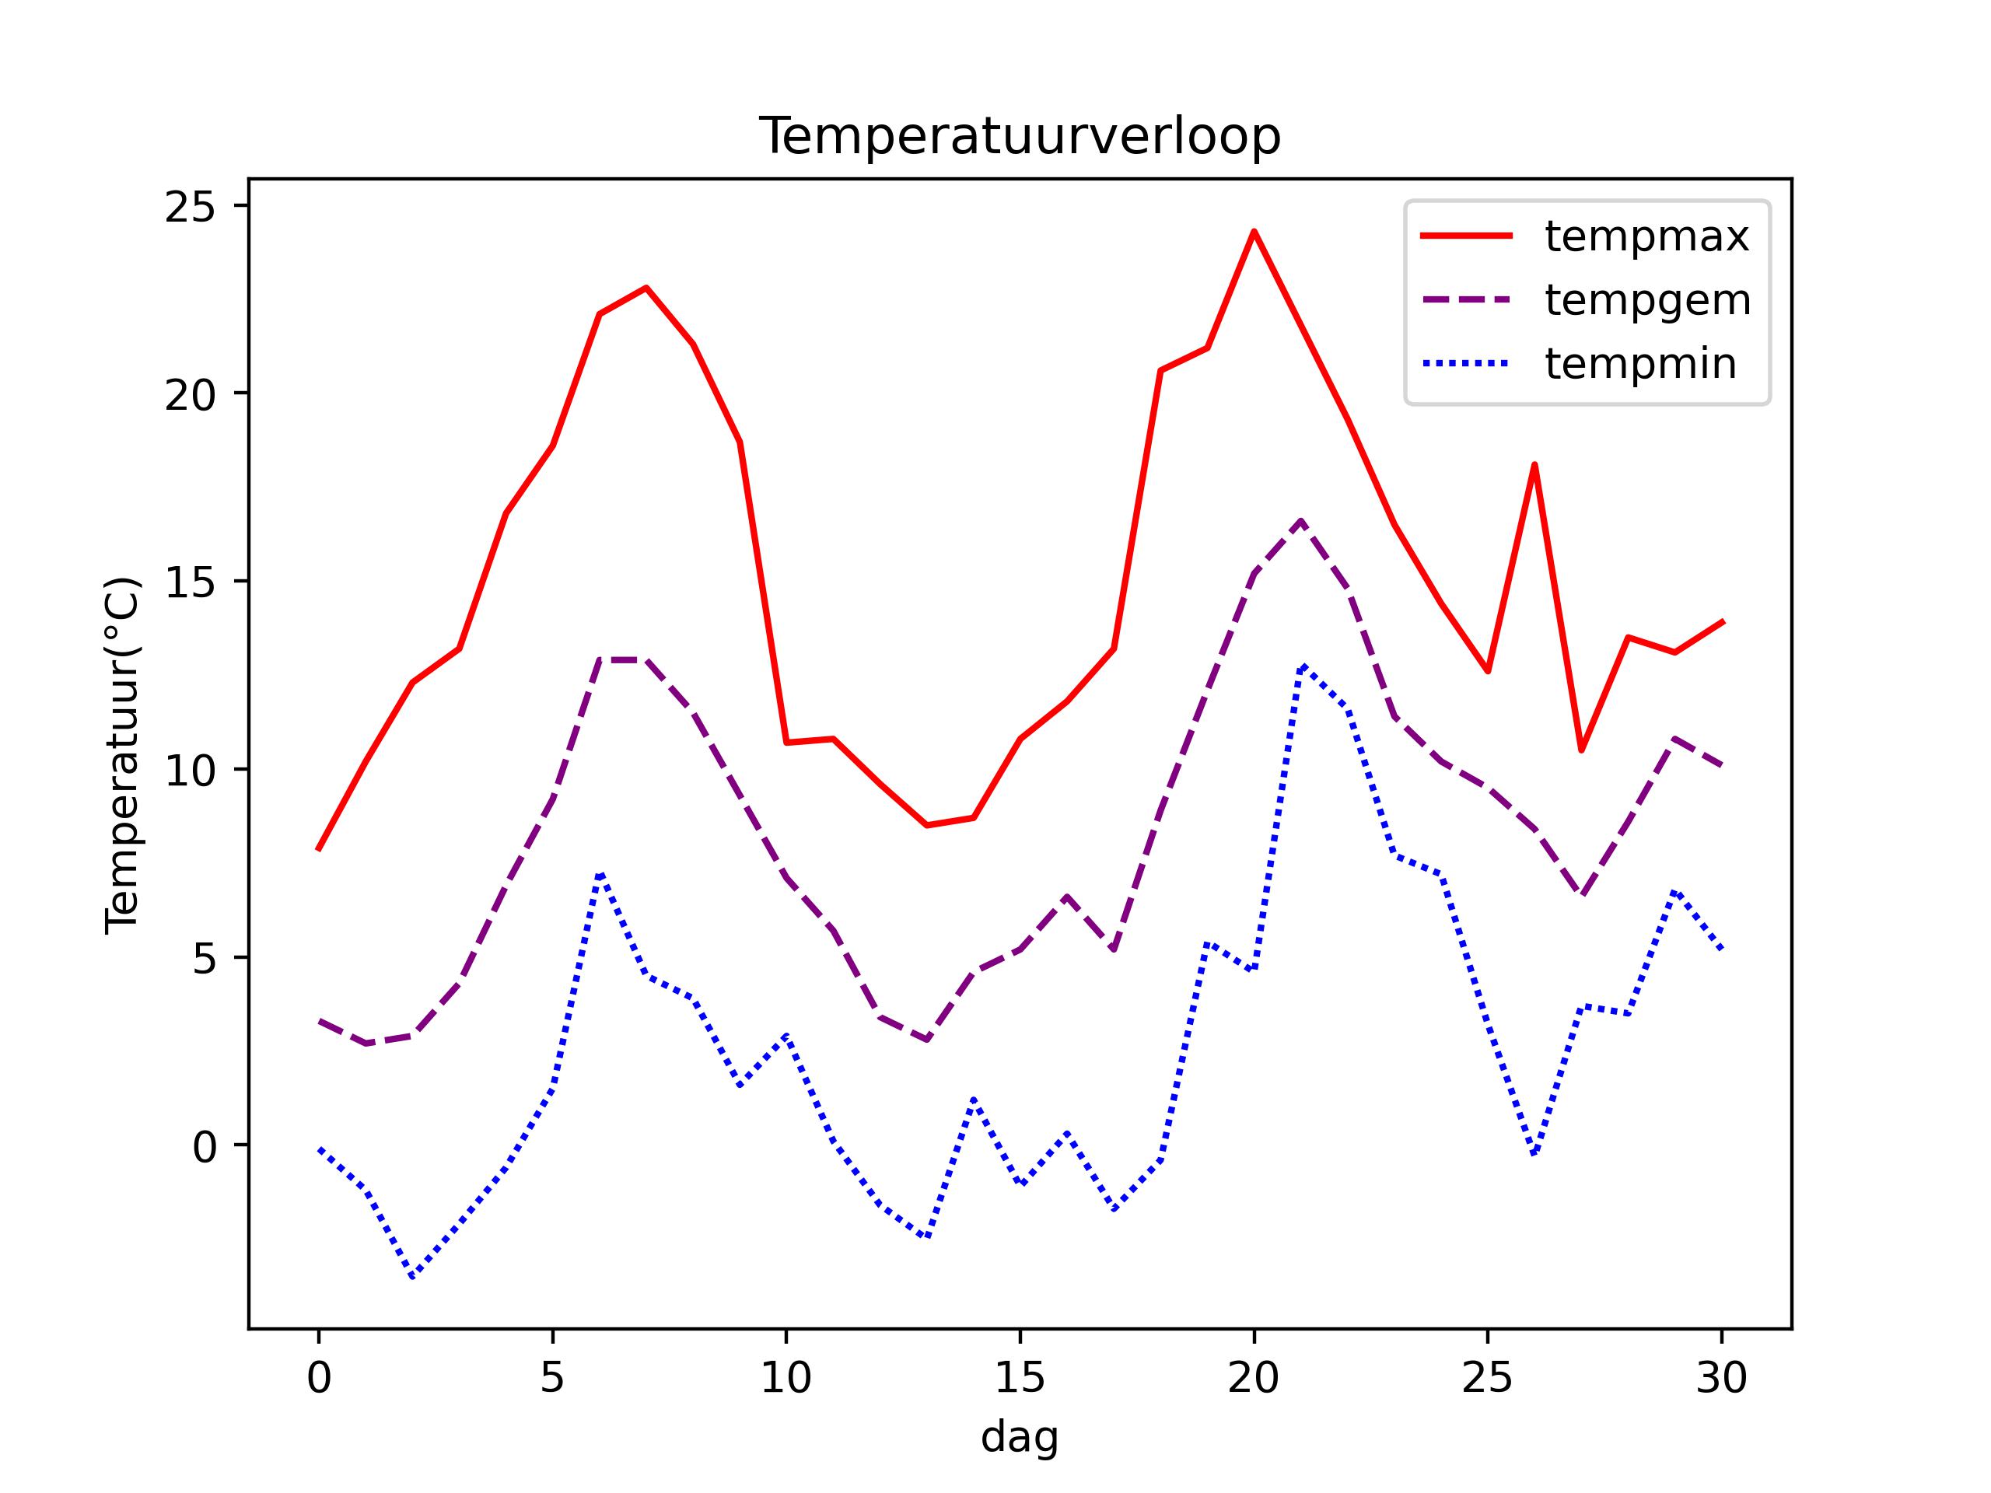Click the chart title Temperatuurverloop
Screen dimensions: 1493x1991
1019,137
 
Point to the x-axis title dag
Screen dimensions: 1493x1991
1019,1437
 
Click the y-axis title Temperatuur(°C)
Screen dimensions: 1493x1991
122,755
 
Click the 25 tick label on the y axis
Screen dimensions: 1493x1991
190,207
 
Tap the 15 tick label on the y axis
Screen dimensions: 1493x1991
190,583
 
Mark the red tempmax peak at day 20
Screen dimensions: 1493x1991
1254,233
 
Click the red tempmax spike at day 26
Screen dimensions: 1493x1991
1534,464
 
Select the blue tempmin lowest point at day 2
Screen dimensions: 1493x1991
412,1276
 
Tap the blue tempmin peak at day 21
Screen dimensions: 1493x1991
1300,666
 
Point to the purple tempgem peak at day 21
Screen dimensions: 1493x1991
1300,520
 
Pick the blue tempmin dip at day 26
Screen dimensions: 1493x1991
1534,1154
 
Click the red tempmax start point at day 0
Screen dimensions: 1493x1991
319,848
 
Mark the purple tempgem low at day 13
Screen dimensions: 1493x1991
926,1040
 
